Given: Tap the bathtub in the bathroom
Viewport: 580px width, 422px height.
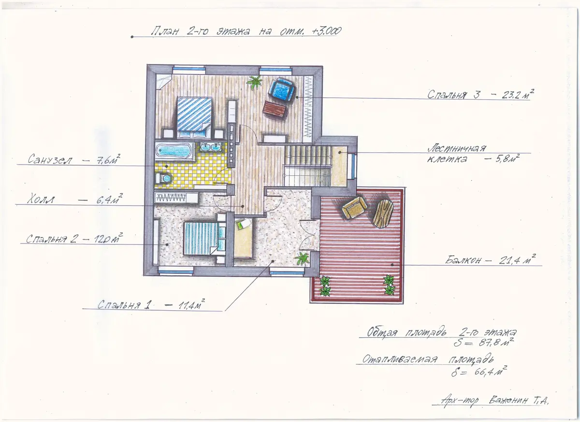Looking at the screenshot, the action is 174,151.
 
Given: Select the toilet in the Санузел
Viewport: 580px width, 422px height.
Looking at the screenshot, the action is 163,179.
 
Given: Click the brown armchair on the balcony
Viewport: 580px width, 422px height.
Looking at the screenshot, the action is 354,207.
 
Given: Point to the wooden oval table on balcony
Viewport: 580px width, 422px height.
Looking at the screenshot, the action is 383,213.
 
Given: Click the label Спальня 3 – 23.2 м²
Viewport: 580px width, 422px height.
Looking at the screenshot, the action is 480,95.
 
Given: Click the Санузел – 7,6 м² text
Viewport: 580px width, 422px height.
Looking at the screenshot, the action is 74,159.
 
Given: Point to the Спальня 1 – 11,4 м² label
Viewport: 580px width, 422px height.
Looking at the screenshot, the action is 151,304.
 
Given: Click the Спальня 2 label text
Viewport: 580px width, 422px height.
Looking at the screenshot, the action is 51,239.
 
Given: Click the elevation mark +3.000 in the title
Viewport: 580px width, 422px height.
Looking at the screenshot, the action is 326,31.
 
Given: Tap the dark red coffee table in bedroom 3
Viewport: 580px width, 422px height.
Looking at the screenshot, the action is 275,110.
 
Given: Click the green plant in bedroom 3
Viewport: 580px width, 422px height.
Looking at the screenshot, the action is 254,82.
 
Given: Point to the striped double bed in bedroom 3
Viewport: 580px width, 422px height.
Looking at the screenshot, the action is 194,118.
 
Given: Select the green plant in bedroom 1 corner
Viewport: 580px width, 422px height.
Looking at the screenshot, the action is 302,258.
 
